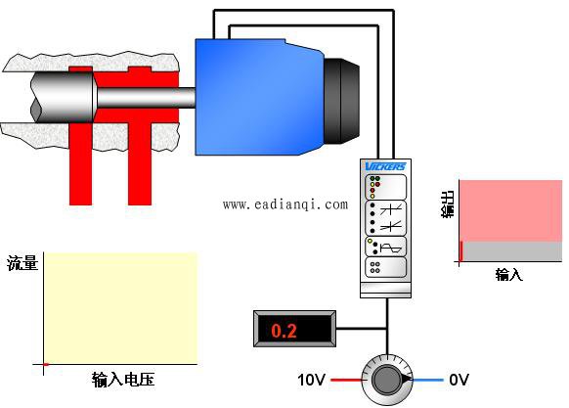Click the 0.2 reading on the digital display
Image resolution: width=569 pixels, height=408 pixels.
click(x=284, y=331)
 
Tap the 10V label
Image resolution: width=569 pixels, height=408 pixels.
click(x=311, y=380)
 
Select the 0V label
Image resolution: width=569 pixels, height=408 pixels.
click(x=459, y=380)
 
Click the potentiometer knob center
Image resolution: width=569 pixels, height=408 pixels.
click(x=387, y=380)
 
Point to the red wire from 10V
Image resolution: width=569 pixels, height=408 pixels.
click(x=346, y=380)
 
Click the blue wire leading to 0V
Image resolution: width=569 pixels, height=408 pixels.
click(x=428, y=380)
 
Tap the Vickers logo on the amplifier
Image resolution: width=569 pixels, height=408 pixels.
click(x=385, y=166)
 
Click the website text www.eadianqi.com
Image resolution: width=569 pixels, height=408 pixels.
click(x=285, y=204)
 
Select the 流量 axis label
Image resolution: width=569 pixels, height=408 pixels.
click(x=22, y=262)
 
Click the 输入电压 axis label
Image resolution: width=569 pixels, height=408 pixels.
click(x=123, y=380)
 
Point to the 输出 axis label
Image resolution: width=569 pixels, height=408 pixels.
click(x=448, y=204)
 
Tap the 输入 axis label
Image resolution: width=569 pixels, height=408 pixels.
click(x=509, y=274)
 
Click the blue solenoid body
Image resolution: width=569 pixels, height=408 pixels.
click(x=259, y=97)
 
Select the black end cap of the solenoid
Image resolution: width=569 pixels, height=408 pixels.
click(x=341, y=101)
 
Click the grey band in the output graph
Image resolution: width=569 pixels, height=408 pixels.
click(x=511, y=251)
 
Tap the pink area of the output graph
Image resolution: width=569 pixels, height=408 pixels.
click(x=511, y=210)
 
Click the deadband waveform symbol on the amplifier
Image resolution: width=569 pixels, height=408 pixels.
click(x=390, y=249)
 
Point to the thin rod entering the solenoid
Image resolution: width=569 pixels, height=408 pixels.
click(x=147, y=98)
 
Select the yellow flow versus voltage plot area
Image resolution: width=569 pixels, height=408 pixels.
click(x=120, y=308)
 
